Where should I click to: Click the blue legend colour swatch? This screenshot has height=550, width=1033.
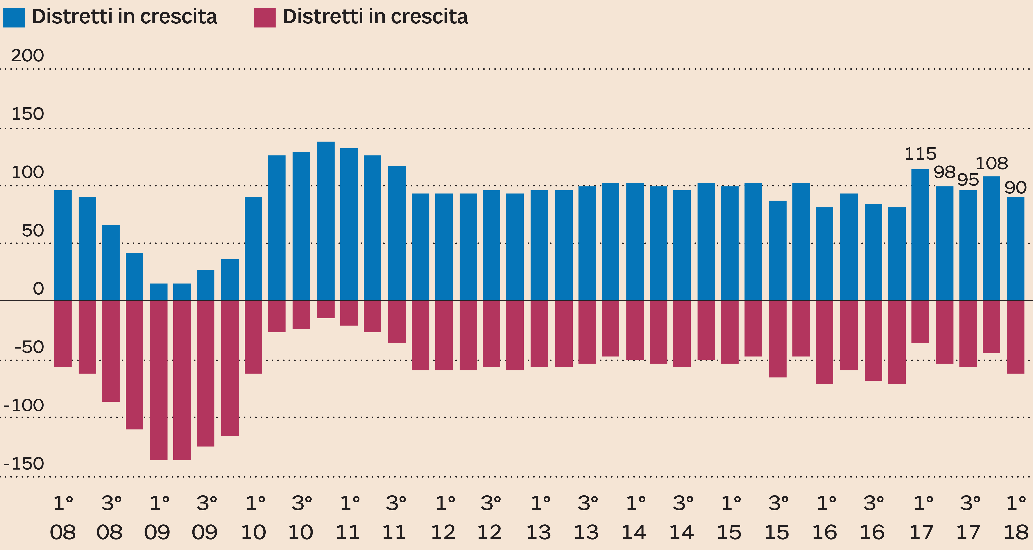pyautogui.click(x=14, y=18)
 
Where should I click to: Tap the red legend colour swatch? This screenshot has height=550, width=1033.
pyautogui.click(x=265, y=18)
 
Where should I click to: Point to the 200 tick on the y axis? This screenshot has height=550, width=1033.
pyautogui.click(x=27, y=55)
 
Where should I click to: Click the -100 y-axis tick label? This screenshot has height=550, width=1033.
pyautogui.click(x=23, y=405)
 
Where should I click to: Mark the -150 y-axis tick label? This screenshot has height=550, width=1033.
pyautogui.click(x=23, y=464)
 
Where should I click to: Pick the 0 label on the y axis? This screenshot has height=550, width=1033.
pyautogui.click(x=38, y=289)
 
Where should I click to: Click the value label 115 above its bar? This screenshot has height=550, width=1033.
pyautogui.click(x=920, y=154)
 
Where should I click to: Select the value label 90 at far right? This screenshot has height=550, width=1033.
pyautogui.click(x=1015, y=188)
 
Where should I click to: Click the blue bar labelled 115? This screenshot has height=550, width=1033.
pyautogui.click(x=920, y=234)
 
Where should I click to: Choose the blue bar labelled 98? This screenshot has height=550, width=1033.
pyautogui.click(x=944, y=243)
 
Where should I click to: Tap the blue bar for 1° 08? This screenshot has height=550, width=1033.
pyautogui.click(x=63, y=245)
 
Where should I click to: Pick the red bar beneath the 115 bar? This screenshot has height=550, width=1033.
pyautogui.click(x=920, y=321)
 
